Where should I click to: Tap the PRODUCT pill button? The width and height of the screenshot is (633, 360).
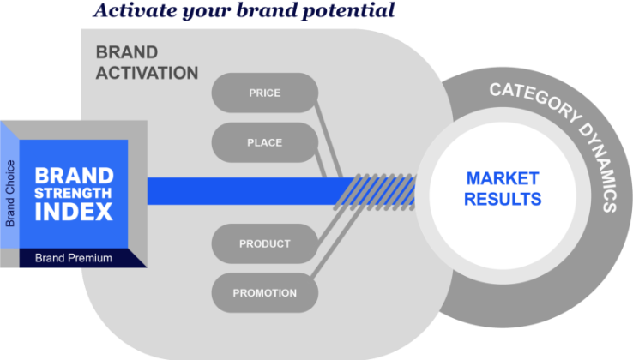264,243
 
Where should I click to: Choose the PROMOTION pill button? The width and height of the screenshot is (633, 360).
264,293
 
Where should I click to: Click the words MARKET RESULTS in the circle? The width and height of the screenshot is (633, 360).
503,189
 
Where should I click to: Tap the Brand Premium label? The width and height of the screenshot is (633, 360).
73,257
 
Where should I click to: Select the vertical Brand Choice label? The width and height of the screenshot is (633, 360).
11,193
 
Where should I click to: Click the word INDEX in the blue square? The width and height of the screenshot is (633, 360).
74,211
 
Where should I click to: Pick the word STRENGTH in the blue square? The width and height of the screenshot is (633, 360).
74,192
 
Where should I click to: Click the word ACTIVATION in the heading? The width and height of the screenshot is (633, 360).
147,73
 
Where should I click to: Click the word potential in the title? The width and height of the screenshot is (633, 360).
353,11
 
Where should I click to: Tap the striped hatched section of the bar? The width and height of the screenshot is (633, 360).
377,189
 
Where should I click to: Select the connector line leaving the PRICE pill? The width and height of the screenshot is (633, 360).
331,129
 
